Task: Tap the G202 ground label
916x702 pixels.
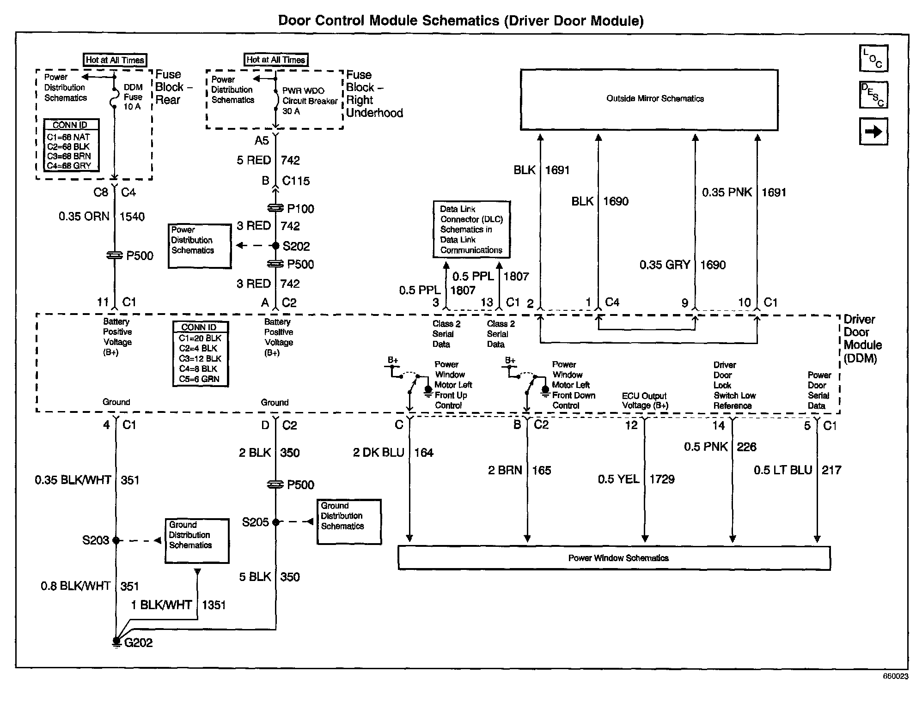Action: pyautogui.click(x=138, y=642)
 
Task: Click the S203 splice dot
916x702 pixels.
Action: pyautogui.click(x=116, y=540)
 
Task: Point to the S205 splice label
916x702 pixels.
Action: pyautogui.click(x=255, y=522)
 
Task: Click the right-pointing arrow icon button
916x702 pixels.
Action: pyautogui.click(x=873, y=132)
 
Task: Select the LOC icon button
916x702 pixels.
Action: pyautogui.click(x=873, y=59)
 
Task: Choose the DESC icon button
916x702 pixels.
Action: pyautogui.click(x=873, y=95)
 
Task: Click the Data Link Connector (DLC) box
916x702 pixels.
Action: pyautogui.click(x=471, y=230)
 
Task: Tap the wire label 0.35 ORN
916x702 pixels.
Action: pyautogui.click(x=84, y=217)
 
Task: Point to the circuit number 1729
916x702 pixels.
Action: pyautogui.click(x=662, y=479)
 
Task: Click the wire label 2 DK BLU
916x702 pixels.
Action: pyautogui.click(x=379, y=453)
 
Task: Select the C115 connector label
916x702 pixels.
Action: pyautogui.click(x=296, y=181)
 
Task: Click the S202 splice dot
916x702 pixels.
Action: pyautogui.click(x=275, y=246)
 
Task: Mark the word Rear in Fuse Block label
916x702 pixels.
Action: pyautogui.click(x=168, y=100)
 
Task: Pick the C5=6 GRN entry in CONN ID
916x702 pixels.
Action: pyautogui.click(x=199, y=379)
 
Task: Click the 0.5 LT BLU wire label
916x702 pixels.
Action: pyautogui.click(x=783, y=470)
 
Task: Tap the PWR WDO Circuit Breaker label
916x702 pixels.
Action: pyautogui.click(x=309, y=101)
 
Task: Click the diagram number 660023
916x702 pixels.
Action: pyautogui.click(x=895, y=676)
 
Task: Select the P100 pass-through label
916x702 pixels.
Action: pyautogui.click(x=300, y=209)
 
